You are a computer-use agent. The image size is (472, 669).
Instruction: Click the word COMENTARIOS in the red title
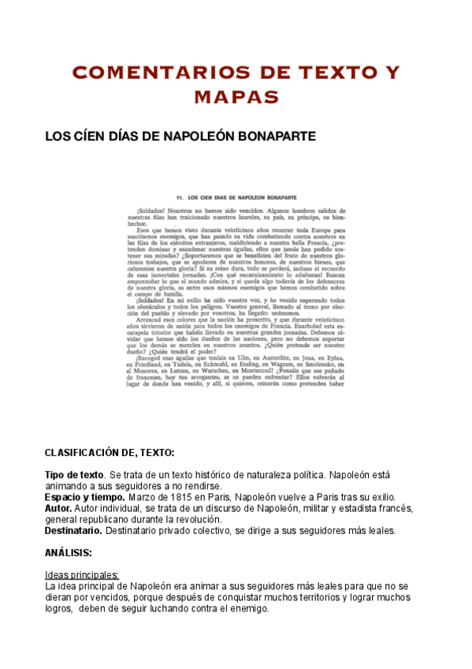coord(155,73)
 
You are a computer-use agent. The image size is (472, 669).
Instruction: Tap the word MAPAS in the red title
coord(236,98)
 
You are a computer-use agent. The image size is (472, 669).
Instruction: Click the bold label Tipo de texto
coord(74,475)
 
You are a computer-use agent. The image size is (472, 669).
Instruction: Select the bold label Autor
coord(58,508)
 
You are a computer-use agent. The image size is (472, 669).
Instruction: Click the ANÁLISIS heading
coord(69,553)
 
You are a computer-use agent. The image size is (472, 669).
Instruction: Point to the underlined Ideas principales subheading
coord(82,575)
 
